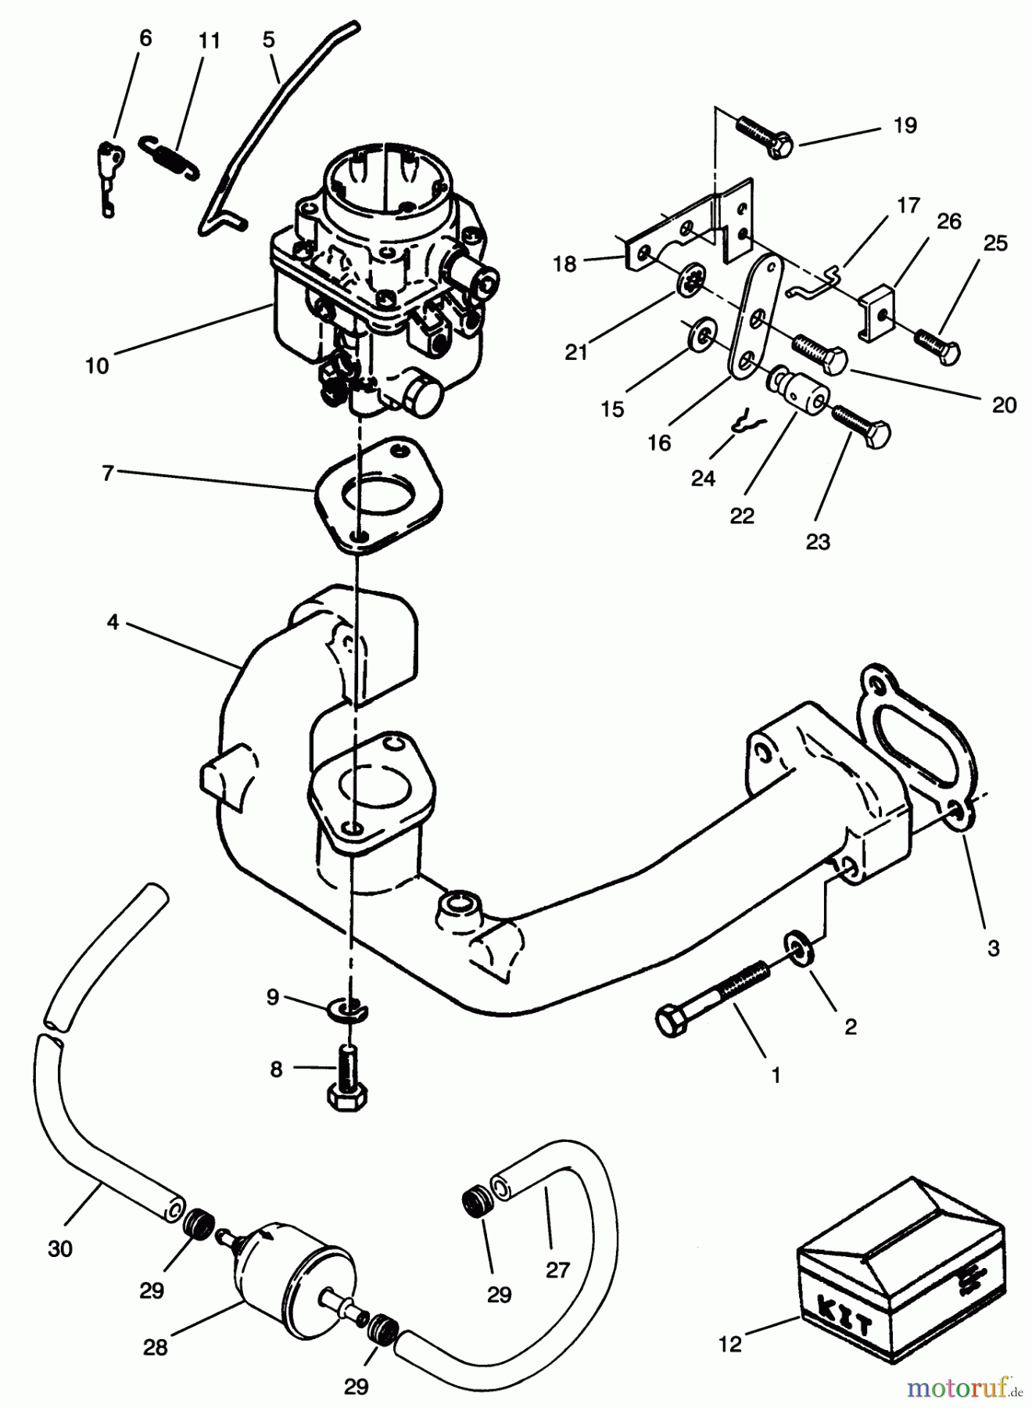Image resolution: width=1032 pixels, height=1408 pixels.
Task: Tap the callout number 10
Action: [x=97, y=365]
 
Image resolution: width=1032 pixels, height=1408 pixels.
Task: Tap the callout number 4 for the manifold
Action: [x=113, y=623]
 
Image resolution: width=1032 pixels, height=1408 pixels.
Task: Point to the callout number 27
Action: [x=557, y=1270]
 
